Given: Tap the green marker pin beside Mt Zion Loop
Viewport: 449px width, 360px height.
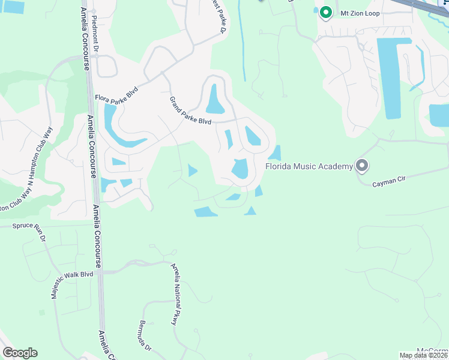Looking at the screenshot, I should (x=326, y=11).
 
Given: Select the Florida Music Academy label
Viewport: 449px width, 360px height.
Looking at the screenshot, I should (x=309, y=166).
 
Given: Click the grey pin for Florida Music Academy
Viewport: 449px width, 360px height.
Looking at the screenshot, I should (x=361, y=164).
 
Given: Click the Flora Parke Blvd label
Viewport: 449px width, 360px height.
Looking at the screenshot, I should (x=116, y=100).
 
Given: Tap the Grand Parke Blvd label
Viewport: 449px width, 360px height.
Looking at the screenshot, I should (x=190, y=111).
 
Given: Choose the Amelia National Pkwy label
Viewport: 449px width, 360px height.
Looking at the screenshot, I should (x=174, y=294).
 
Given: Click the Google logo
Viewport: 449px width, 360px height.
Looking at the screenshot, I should (x=20, y=353).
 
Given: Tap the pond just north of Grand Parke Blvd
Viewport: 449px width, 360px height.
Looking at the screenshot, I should (x=214, y=100).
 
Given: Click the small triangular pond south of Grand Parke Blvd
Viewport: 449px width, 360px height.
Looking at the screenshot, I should (x=192, y=171).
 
